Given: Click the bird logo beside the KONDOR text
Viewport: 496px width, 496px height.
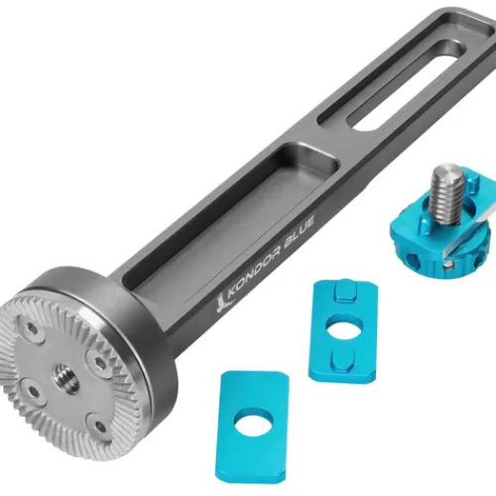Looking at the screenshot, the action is [x=220, y=305].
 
